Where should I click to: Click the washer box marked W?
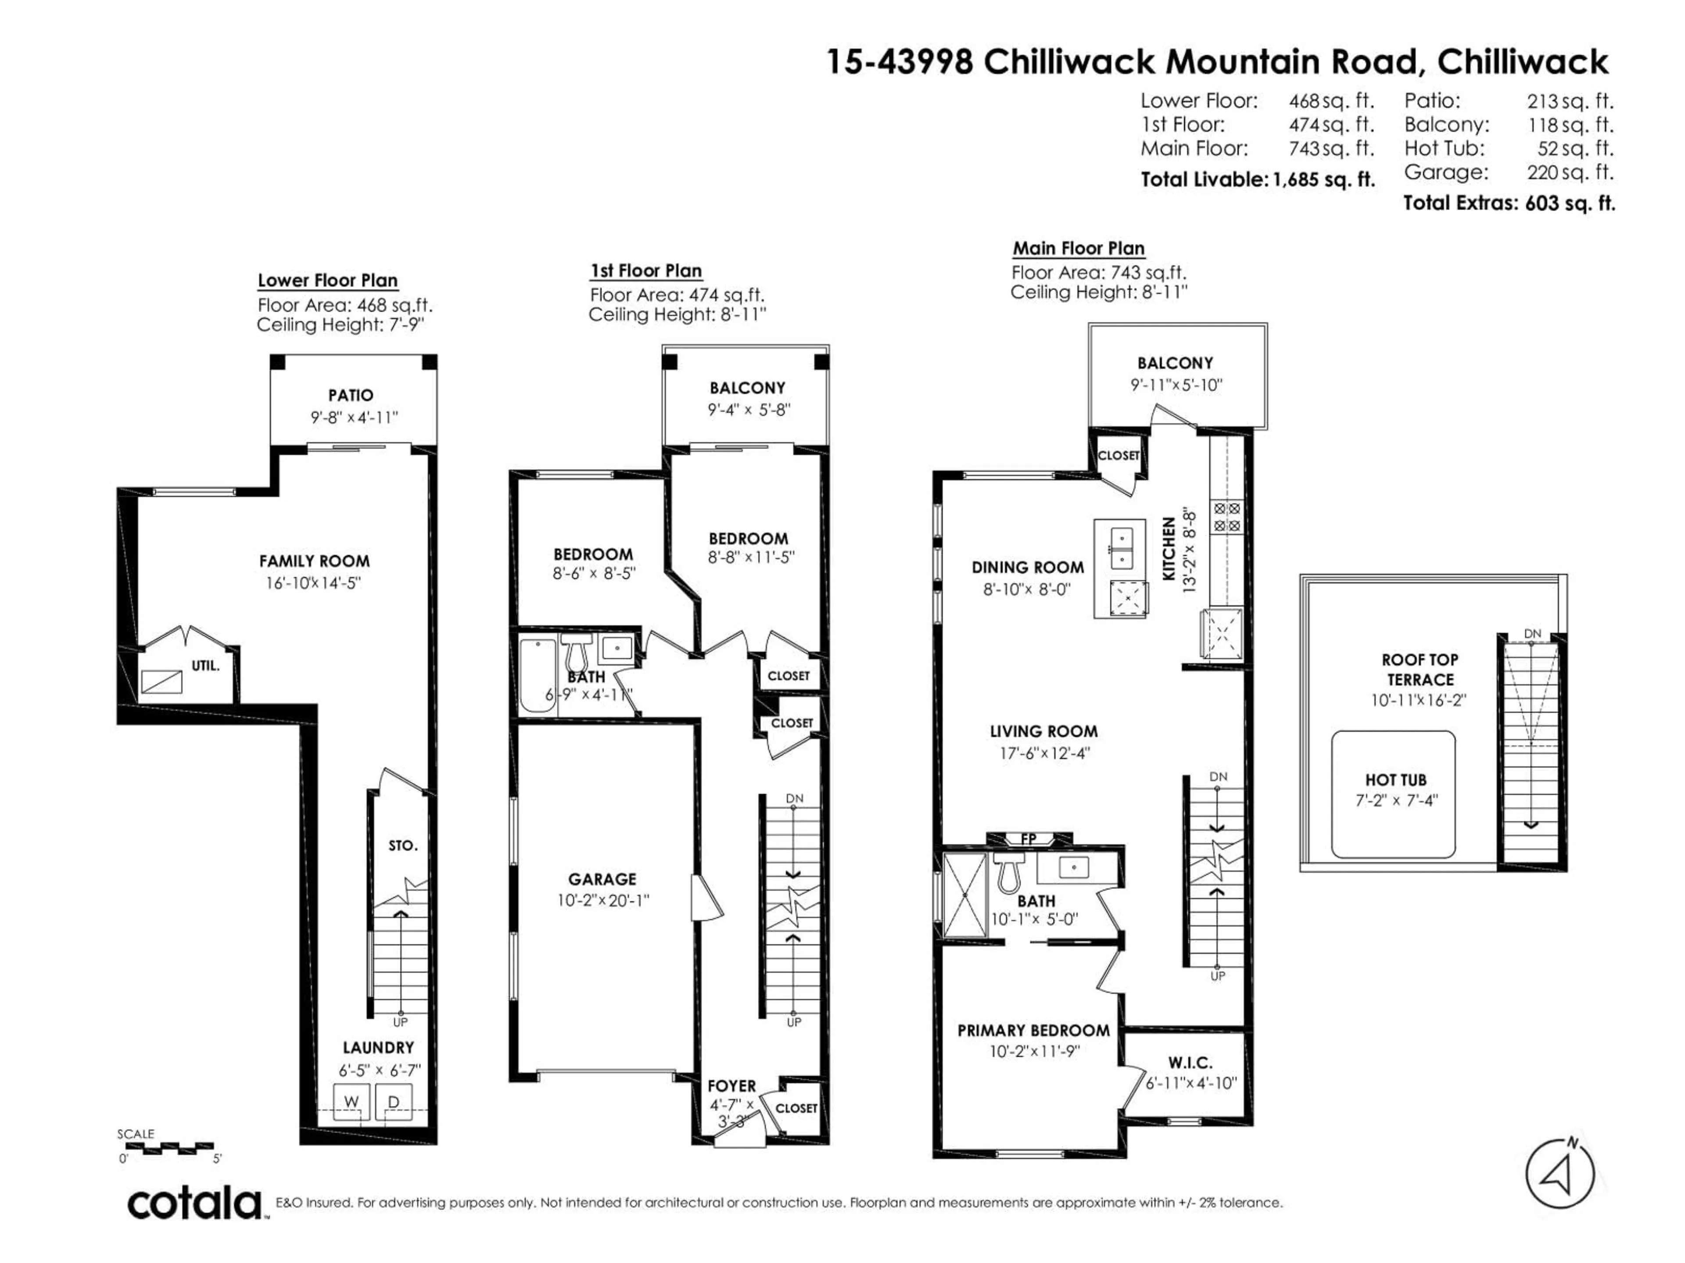pyautogui.click(x=351, y=1102)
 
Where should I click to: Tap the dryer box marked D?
pyautogui.click(x=394, y=1102)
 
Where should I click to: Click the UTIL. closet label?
pyautogui.click(x=205, y=665)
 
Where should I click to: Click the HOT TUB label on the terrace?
pyautogui.click(x=1395, y=780)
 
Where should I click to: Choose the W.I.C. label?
pyautogui.click(x=1190, y=1062)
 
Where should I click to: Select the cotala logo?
pyautogui.click(x=194, y=1204)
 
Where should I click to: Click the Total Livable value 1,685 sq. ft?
pyautogui.click(x=1324, y=180)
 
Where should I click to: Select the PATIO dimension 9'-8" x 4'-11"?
pyautogui.click(x=354, y=417)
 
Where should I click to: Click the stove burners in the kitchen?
pyautogui.click(x=1226, y=517)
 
